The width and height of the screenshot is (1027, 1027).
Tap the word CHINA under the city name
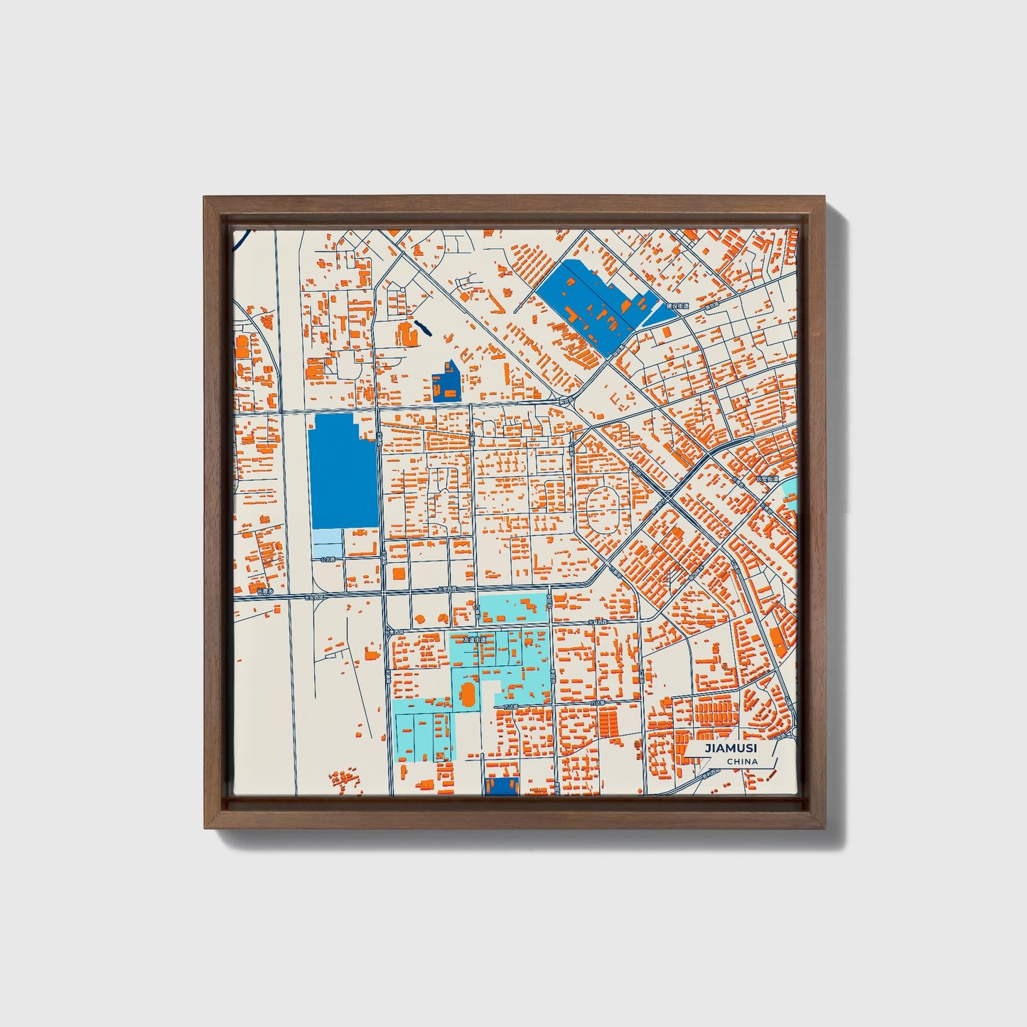(x=742, y=762)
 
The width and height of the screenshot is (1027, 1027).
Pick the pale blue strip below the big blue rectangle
(x=328, y=544)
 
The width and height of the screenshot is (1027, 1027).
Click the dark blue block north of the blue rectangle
(x=446, y=382)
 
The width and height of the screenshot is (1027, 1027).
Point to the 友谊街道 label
(x=475, y=639)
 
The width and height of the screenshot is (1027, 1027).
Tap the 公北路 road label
(x=327, y=560)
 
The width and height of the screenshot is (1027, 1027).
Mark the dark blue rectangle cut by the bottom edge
(x=501, y=785)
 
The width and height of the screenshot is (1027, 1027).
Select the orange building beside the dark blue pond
(x=408, y=333)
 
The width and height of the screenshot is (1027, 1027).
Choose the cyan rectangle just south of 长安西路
(x=513, y=609)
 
